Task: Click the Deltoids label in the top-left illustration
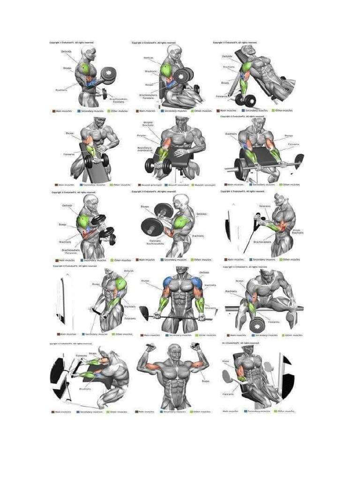(66, 51)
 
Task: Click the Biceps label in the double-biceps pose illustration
(205, 381)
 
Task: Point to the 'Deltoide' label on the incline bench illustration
(227, 56)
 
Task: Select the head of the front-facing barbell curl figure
(182, 271)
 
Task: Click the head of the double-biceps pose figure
(174, 349)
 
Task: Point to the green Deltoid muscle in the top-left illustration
(85, 69)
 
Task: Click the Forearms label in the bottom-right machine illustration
(228, 394)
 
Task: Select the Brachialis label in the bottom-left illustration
(85, 389)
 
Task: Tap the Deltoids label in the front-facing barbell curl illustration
(204, 272)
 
